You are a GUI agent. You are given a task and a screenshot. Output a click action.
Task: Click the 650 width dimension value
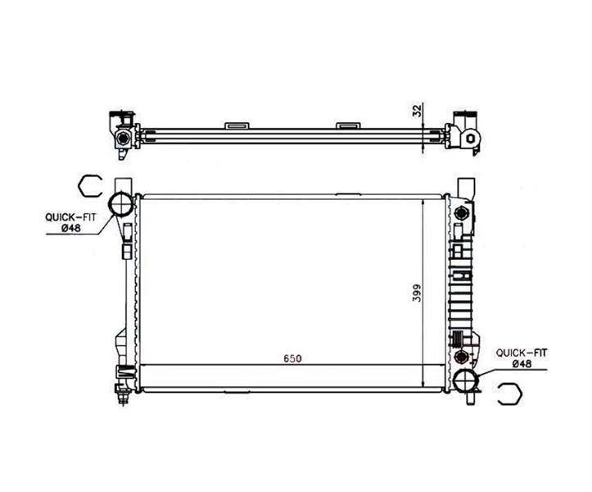[292, 358]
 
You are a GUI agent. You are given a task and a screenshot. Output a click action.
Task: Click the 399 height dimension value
[417, 292]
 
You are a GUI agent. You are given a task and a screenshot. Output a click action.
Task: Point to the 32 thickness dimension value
[417, 111]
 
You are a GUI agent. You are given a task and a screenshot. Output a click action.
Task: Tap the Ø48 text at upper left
[71, 228]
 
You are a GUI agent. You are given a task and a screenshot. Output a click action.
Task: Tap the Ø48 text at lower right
[522, 364]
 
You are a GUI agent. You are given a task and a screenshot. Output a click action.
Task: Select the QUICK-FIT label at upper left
[70, 217]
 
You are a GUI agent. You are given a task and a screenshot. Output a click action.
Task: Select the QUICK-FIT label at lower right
[521, 353]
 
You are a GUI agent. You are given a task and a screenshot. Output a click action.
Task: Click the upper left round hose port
[121, 204]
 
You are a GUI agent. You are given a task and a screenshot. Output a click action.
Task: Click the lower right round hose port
[466, 382]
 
